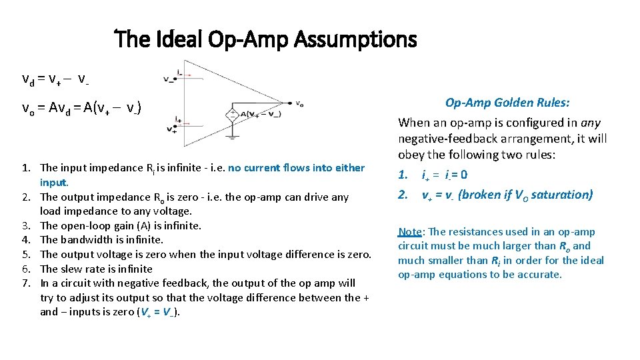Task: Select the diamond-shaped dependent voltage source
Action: click(x=232, y=115)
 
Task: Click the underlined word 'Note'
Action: click(x=410, y=232)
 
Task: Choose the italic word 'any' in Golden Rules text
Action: click(x=591, y=123)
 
